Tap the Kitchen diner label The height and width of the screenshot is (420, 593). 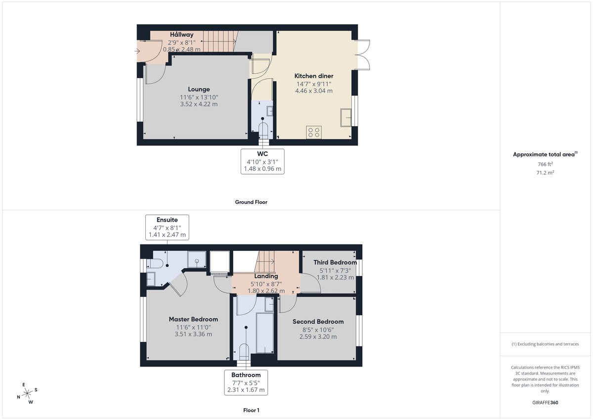click(x=314, y=76)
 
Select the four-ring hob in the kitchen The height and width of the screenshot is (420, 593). click(x=314, y=132)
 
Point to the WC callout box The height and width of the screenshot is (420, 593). click(x=262, y=161)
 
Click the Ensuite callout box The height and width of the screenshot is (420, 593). click(x=167, y=227)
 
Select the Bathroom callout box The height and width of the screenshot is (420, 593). click(x=246, y=382)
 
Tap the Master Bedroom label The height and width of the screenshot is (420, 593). click(x=193, y=319)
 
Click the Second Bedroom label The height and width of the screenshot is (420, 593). click(x=318, y=322)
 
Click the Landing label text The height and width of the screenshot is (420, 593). click(x=266, y=276)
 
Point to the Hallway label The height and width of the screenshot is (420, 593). click(x=181, y=35)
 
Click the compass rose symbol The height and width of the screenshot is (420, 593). click(x=27, y=393)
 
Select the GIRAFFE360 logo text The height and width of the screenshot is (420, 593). click(x=546, y=403)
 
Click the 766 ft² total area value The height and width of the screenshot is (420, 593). click(x=545, y=164)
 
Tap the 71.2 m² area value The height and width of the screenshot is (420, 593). click(x=545, y=173)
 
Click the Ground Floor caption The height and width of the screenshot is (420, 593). click(x=251, y=202)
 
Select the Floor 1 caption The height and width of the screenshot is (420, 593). click(x=251, y=410)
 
